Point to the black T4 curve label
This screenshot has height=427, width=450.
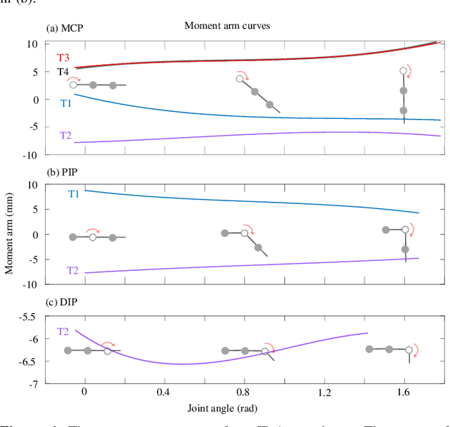pyautogui.click(x=64, y=72)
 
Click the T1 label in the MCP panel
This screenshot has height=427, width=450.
pyautogui.click(x=66, y=103)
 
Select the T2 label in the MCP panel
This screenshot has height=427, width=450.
pyautogui.click(x=66, y=135)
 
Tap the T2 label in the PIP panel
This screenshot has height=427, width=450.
pyautogui.click(x=73, y=270)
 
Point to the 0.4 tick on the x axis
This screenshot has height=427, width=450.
pyautogui.click(x=165, y=391)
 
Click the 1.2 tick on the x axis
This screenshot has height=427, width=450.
pyautogui.click(x=324, y=391)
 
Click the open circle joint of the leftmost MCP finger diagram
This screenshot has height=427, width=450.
pyautogui.click(x=73, y=85)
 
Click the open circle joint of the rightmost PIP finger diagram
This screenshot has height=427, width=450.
pyautogui.click(x=405, y=230)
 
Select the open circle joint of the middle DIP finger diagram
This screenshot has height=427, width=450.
pyautogui.click(x=265, y=351)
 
